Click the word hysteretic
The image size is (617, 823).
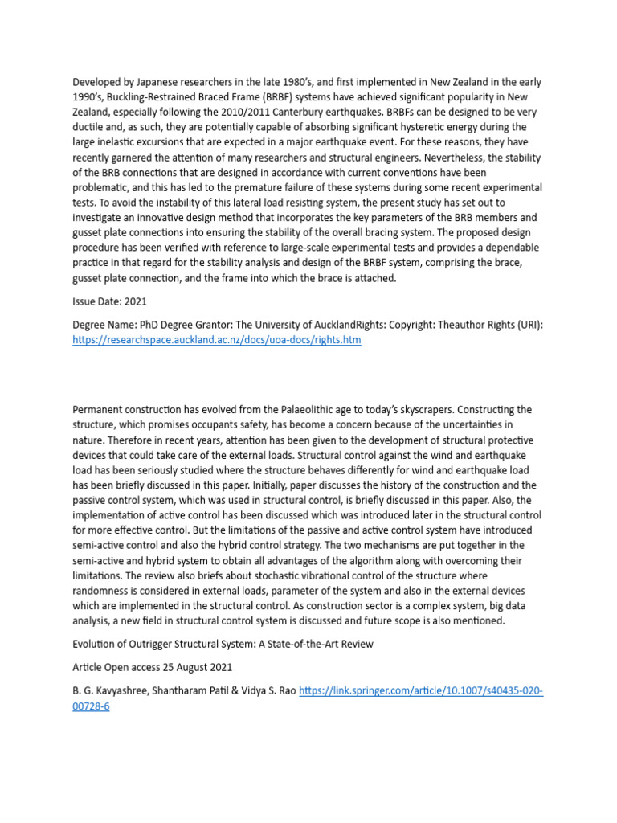(x=437, y=127)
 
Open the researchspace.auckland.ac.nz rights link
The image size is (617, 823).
(x=217, y=341)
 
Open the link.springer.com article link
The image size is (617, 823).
(x=421, y=691)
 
